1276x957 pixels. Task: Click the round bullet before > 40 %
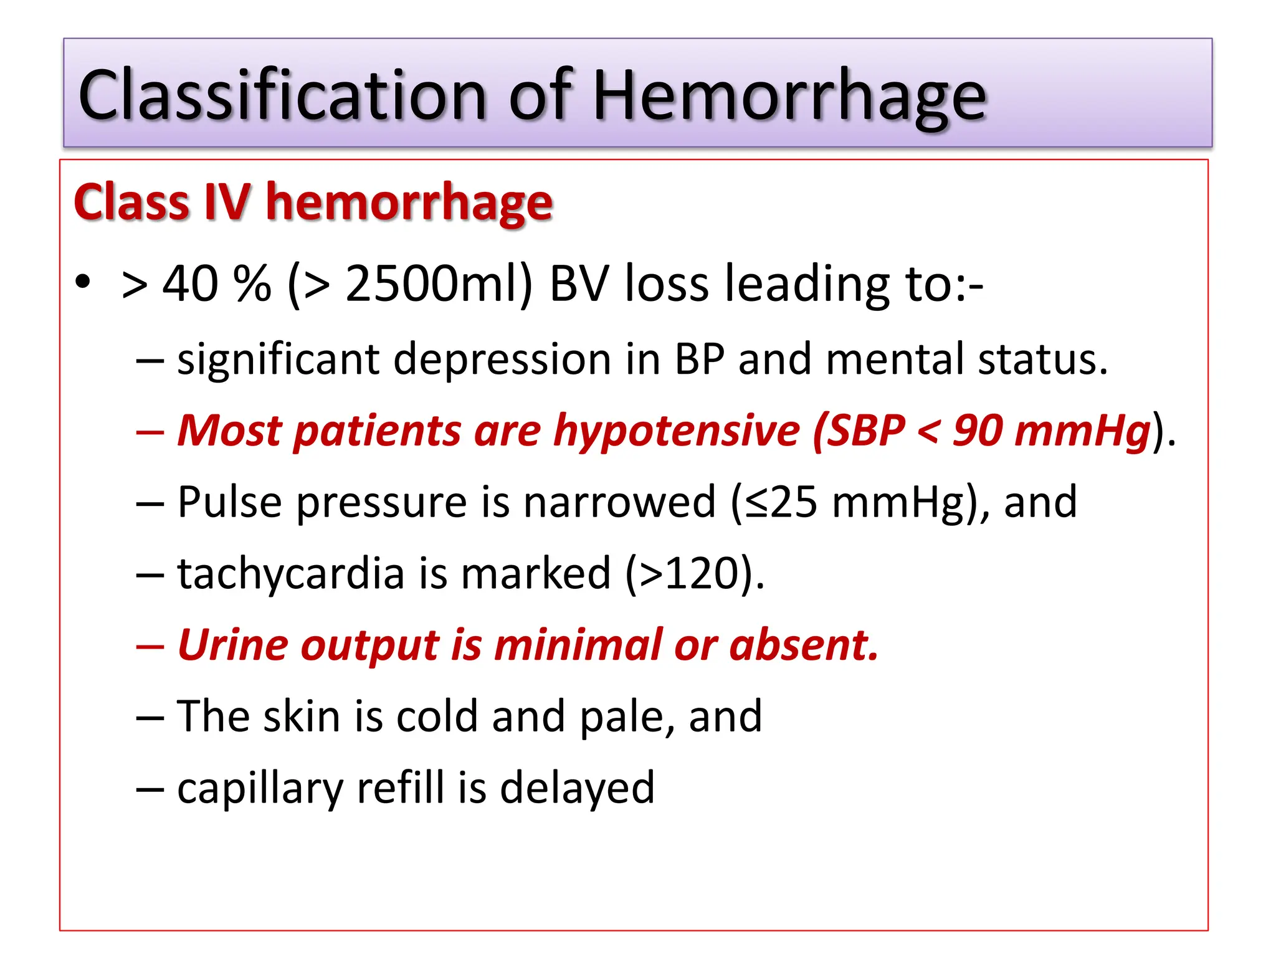point(83,282)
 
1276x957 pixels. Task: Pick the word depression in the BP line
point(502,359)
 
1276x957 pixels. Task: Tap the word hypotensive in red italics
point(677,431)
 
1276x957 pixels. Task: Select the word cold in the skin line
point(437,717)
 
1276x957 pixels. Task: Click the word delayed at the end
point(577,789)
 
